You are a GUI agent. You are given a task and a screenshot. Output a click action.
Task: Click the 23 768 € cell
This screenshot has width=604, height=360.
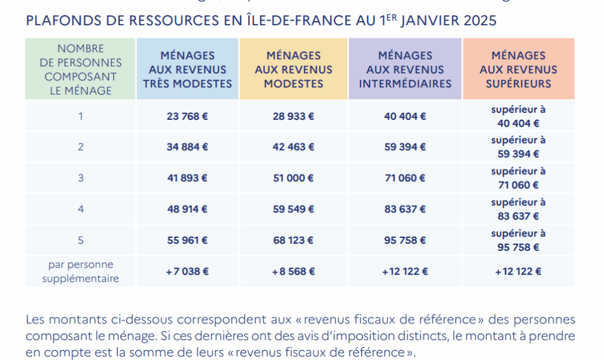[188, 116]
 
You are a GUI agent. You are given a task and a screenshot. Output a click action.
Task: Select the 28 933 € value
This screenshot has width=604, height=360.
[293, 116]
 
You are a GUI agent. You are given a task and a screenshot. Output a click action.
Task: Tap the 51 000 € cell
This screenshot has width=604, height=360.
[293, 178]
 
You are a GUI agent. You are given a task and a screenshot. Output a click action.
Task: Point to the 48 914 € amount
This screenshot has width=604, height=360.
[188, 209]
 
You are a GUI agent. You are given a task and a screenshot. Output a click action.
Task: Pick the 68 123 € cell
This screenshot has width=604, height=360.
[293, 240]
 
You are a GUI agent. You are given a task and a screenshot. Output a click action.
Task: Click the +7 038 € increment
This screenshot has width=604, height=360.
[188, 271]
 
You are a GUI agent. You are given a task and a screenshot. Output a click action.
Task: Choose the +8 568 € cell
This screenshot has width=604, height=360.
[293, 271]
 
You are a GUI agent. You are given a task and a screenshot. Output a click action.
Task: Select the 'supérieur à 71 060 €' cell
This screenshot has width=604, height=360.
[518, 178]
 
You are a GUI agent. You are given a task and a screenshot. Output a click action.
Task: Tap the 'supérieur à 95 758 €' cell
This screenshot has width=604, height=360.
[518, 240]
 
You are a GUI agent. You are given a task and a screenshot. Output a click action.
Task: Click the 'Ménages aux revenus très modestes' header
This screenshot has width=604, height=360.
[188, 70]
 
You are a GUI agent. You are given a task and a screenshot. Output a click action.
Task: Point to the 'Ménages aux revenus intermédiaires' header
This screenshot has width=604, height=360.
[405, 70]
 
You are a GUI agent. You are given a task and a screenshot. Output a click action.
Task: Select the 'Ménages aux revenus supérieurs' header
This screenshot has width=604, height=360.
[518, 70]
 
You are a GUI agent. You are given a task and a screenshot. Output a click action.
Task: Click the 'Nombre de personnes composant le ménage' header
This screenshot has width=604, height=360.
[81, 70]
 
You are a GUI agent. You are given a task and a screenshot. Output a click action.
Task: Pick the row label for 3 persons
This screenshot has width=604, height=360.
[81, 178]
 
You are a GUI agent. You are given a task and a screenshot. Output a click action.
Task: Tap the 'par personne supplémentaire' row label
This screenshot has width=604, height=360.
[81, 271]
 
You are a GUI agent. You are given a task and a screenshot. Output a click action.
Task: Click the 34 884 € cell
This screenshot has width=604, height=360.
[188, 147]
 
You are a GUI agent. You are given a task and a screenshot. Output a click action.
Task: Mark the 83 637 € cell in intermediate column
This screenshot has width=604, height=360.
[405, 209]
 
